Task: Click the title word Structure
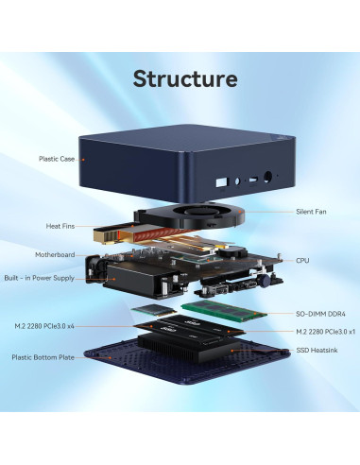(185, 77)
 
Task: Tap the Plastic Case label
(56, 160)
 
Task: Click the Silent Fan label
(313, 212)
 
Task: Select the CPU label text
(302, 260)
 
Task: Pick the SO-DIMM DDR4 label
(320, 313)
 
